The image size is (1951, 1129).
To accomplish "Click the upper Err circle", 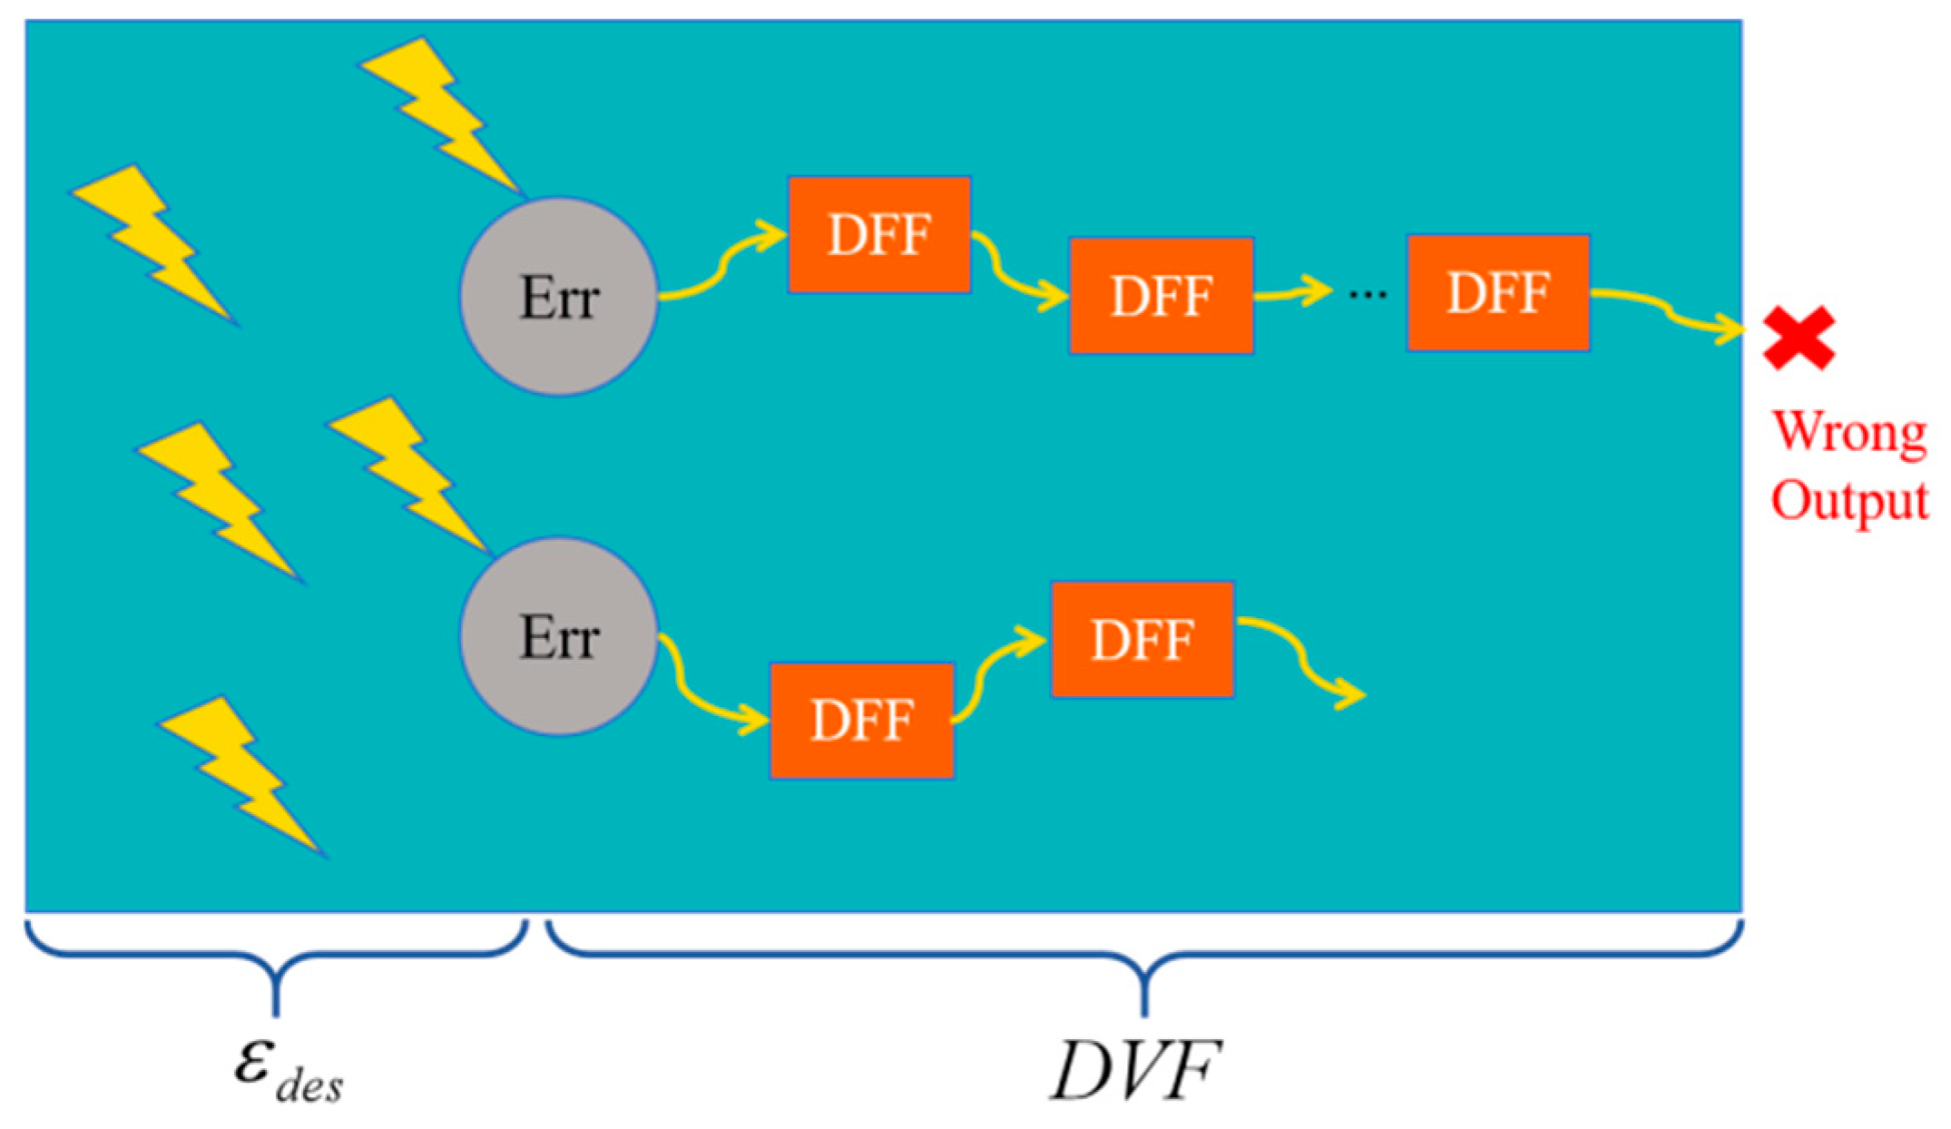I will click(558, 297).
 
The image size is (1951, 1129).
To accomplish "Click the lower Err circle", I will click(558, 636).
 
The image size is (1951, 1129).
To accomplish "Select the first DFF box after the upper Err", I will click(878, 235).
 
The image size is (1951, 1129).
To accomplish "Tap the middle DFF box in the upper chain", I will click(1161, 296).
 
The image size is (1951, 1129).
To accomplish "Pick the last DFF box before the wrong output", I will click(1497, 292).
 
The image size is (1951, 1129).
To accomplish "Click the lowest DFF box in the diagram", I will click(861, 721).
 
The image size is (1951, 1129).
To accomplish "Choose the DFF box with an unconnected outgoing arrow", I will click(1142, 640).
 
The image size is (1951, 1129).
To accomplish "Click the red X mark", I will click(1799, 338).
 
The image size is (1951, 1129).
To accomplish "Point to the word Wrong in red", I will click(1849, 433).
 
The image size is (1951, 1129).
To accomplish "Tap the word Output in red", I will click(1849, 501).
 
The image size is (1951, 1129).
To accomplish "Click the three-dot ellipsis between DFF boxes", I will click(1368, 294).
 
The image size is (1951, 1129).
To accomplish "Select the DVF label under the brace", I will click(1134, 1071).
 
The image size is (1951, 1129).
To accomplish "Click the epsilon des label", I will click(286, 1071).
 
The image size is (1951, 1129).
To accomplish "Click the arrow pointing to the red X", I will click(1670, 313).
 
